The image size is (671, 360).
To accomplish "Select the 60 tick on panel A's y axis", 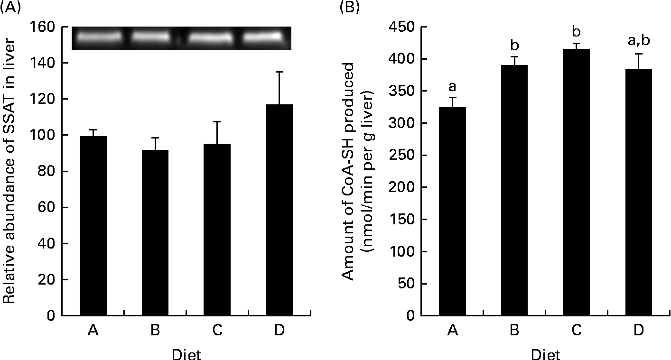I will click(x=56, y=207).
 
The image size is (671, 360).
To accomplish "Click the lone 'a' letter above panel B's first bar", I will click(x=453, y=86).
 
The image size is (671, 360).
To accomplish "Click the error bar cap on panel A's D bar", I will click(x=279, y=72).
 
